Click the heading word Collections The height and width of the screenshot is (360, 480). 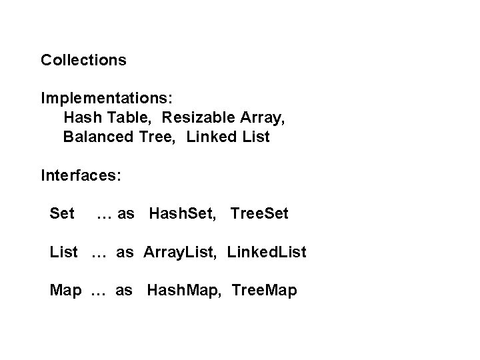[83, 60]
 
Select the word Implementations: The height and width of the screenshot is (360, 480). [107, 99]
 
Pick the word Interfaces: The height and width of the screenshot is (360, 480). [81, 176]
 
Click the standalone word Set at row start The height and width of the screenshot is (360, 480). [62, 214]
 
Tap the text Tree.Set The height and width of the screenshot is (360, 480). [259, 214]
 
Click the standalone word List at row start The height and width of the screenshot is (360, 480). [64, 253]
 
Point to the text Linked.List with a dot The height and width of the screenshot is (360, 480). [267, 253]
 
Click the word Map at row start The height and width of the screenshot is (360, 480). [66, 291]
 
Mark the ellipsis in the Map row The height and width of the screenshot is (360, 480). [98, 292]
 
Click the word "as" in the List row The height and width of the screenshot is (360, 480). [125, 253]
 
